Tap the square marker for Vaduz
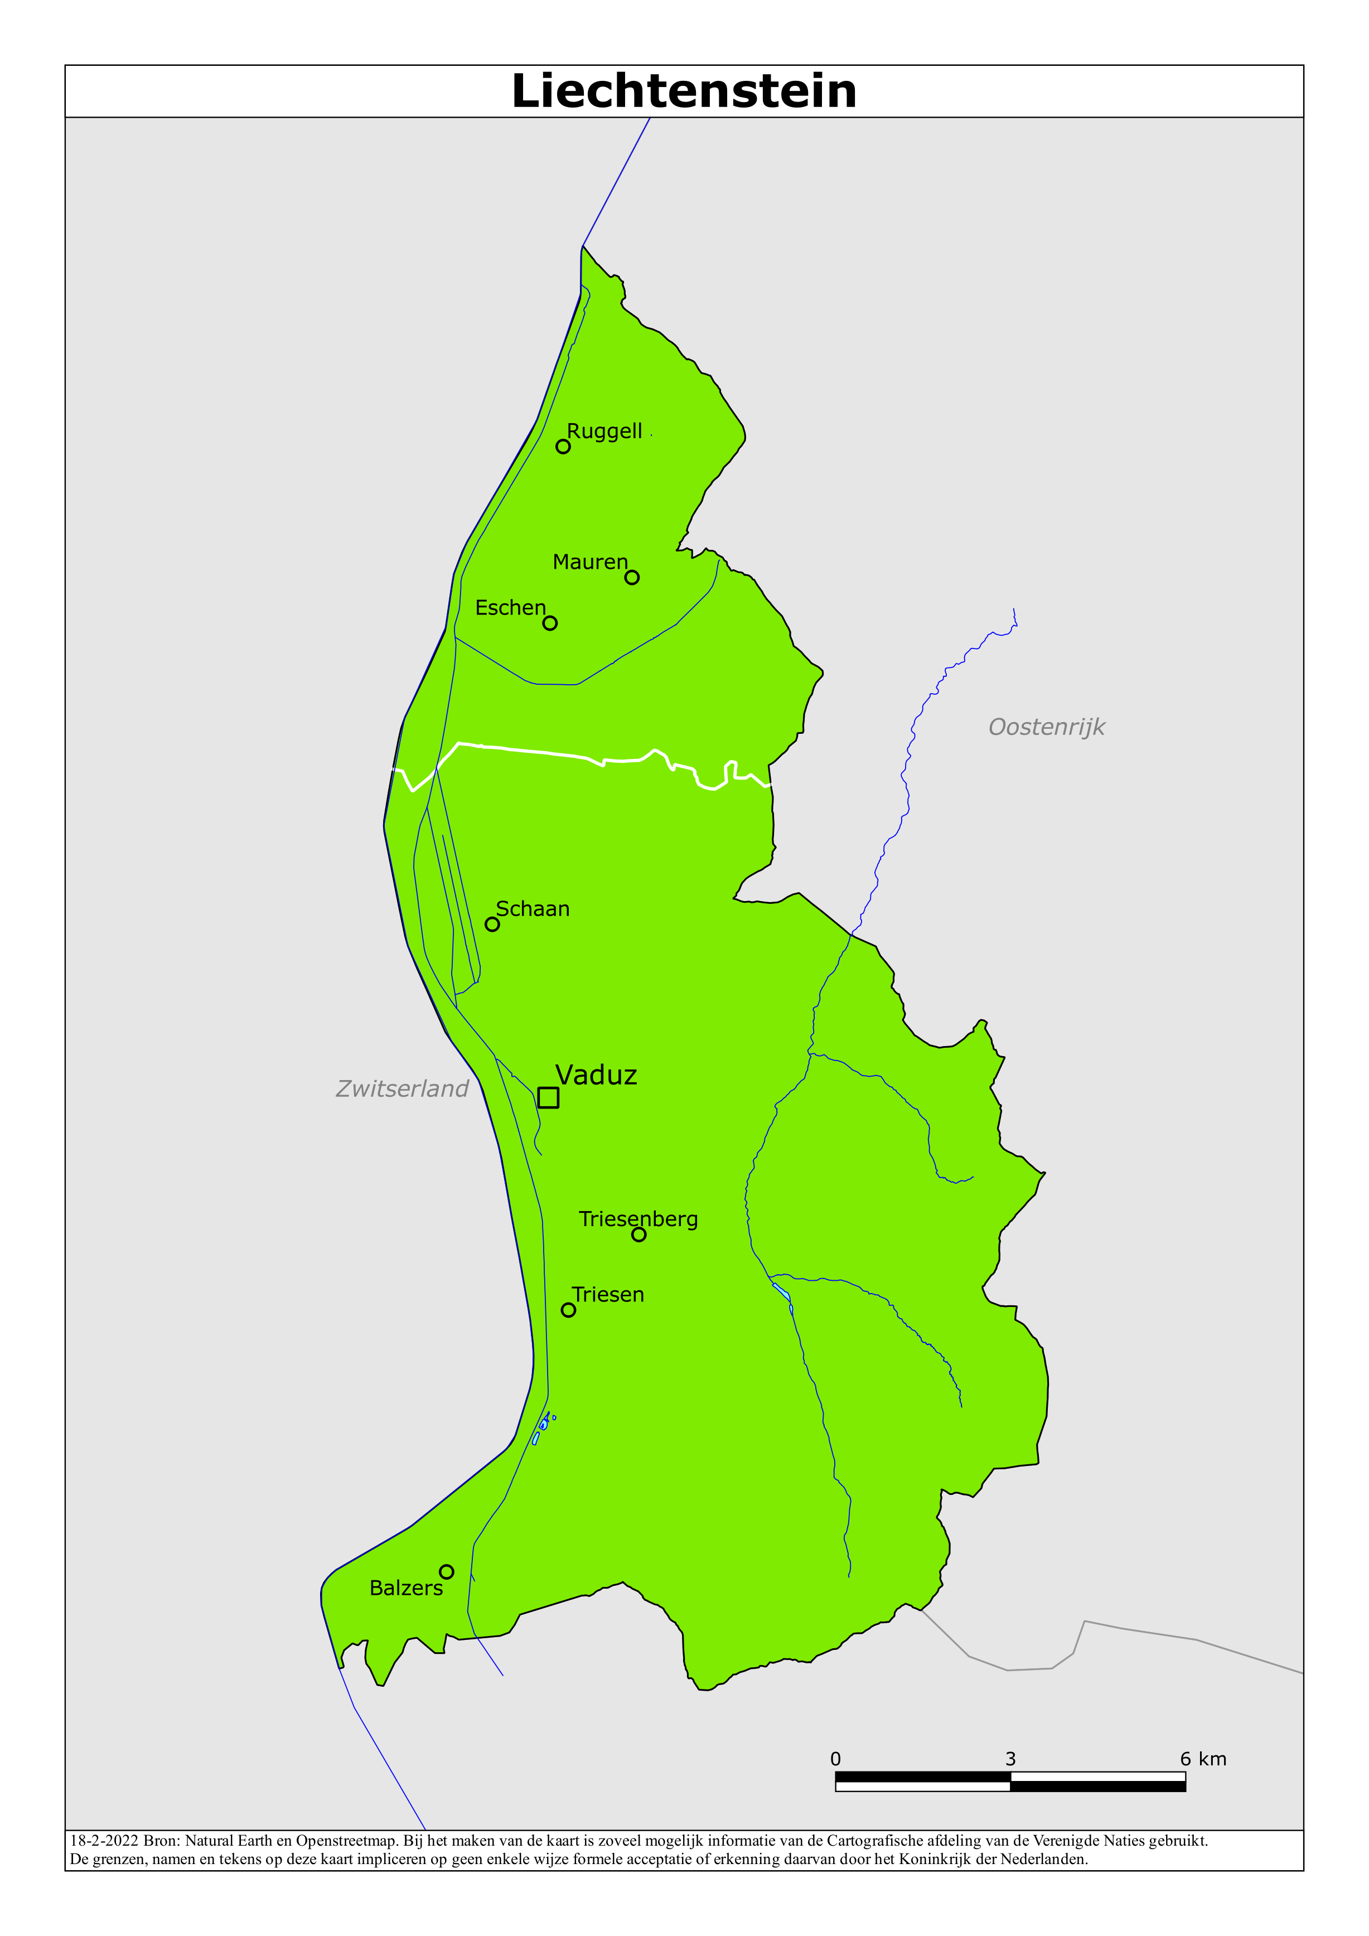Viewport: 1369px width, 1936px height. [548, 1097]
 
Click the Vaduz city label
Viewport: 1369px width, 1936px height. [596, 1075]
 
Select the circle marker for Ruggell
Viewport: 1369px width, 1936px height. [563, 447]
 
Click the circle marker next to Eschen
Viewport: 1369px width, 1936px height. [550, 623]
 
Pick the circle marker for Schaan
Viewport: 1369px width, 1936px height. [492, 924]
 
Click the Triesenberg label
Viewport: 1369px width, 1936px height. [638, 1218]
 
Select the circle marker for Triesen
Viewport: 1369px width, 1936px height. [569, 1309]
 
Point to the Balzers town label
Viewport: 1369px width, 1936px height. [406, 1587]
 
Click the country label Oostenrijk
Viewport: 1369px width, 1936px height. [1046, 727]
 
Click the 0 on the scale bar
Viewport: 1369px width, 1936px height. [835, 1759]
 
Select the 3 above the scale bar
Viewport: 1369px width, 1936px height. [1010, 1759]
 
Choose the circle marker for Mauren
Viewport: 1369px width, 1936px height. [632, 578]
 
